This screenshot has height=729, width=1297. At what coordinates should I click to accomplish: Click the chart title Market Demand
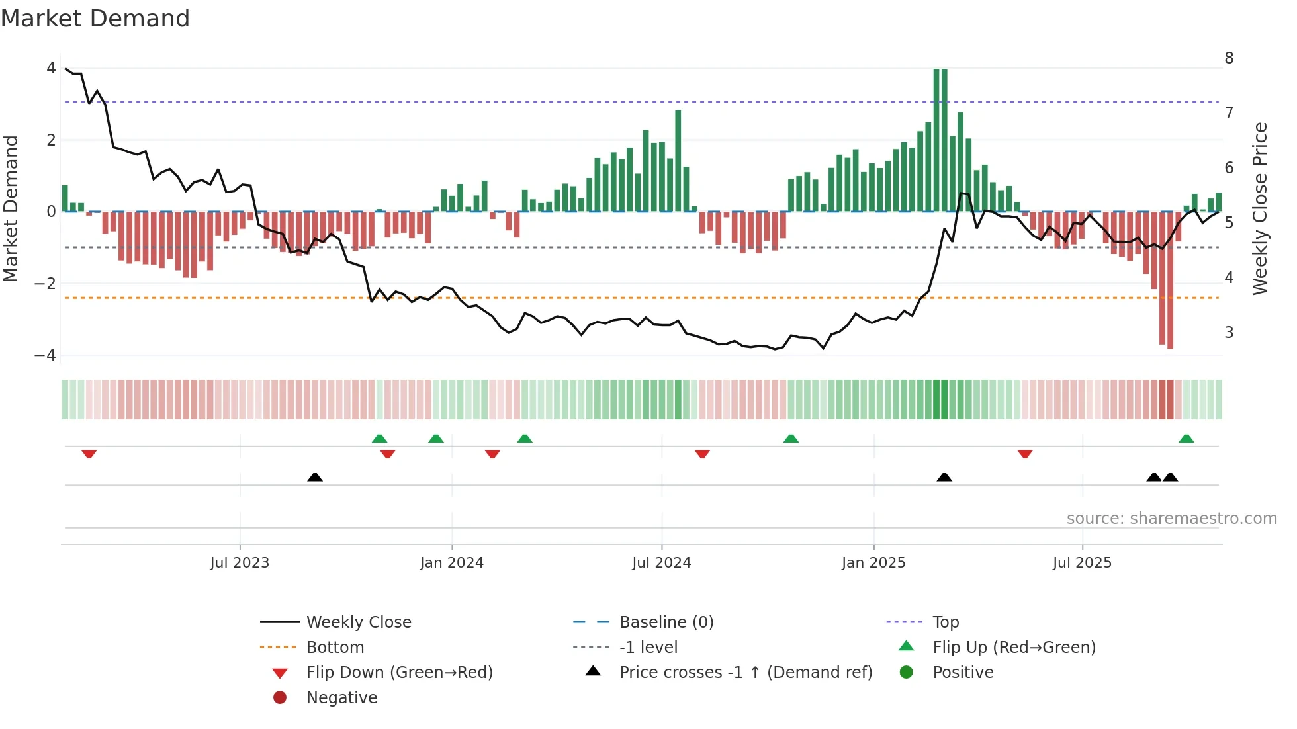(x=95, y=19)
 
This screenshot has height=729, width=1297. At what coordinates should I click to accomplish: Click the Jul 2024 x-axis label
(x=661, y=563)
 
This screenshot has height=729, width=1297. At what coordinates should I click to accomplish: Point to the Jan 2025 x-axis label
(x=873, y=563)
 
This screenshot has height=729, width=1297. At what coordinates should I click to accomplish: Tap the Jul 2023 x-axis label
(x=240, y=563)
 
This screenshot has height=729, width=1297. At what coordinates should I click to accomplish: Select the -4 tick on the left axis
(x=46, y=355)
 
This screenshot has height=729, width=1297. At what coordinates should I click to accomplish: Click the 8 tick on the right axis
(x=1229, y=58)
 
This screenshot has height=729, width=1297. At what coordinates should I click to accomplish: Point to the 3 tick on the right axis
(x=1229, y=333)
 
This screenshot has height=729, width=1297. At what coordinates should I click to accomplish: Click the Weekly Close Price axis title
(x=1260, y=208)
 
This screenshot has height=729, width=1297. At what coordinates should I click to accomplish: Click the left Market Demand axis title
(x=11, y=208)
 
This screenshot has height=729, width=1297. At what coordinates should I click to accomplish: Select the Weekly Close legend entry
(x=358, y=622)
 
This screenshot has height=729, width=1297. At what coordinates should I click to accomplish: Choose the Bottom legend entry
(x=335, y=648)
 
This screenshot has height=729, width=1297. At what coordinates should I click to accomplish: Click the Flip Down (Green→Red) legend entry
(x=399, y=673)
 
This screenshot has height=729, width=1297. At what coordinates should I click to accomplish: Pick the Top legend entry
(x=946, y=622)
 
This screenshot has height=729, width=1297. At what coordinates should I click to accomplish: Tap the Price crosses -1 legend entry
(x=745, y=673)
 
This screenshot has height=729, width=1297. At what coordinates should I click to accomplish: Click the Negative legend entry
(x=341, y=698)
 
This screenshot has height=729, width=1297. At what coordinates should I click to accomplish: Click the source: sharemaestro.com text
(x=1171, y=519)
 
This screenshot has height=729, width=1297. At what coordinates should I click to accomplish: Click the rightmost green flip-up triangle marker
(x=1186, y=439)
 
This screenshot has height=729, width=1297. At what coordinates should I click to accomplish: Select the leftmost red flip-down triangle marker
(x=89, y=454)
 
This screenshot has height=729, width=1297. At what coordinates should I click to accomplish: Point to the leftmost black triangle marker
(x=315, y=477)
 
